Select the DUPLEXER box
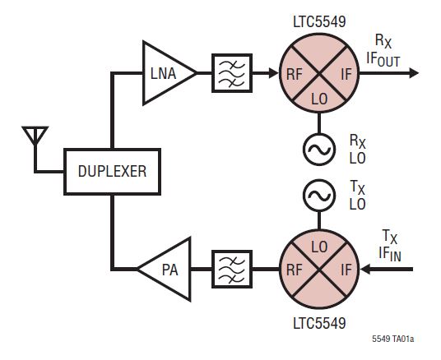(x=112, y=173)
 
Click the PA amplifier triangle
(x=165, y=268)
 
